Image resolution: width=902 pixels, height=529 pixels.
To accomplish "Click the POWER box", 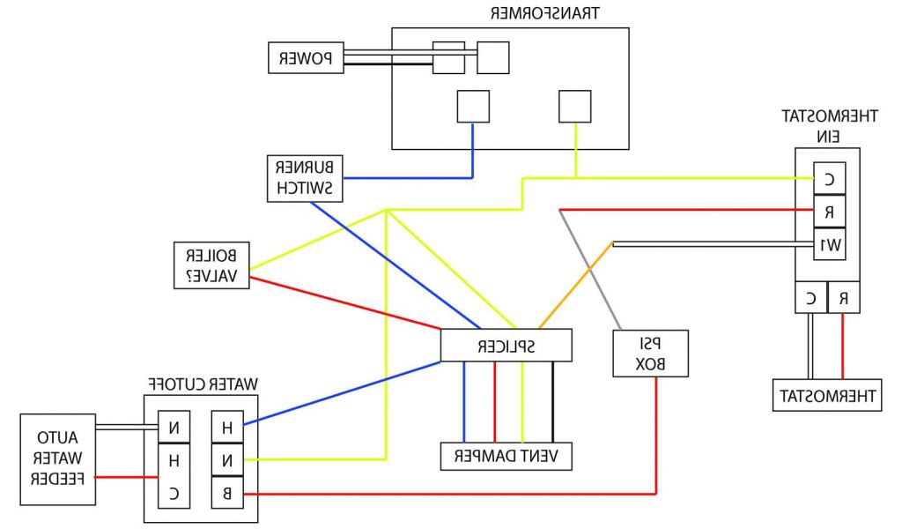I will point(305,59).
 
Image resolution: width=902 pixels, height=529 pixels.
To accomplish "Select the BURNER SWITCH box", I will point(306,178).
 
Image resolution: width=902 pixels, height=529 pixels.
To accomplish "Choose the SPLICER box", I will point(506,345).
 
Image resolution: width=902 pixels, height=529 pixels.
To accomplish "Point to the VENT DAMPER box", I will point(506,455).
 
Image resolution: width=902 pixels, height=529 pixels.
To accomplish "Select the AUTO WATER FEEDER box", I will point(58,458).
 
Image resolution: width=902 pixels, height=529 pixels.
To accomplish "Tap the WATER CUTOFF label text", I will point(201,384).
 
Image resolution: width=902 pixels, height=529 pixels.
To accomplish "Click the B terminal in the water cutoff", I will point(227,492).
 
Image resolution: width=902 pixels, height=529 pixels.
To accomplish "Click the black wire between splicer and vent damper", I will point(553,401).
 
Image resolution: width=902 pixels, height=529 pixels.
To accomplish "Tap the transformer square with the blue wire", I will point(473,107).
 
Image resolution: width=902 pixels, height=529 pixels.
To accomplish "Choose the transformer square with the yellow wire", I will point(576,107).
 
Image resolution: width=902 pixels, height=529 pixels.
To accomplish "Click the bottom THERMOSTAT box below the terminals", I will point(826,396).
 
